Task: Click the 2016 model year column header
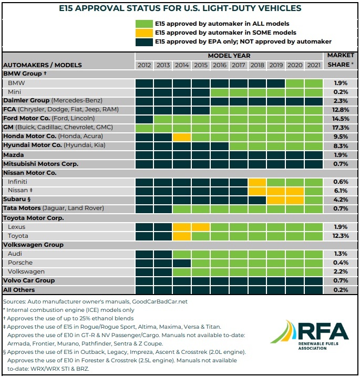[x=220, y=65]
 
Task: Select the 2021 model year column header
[x=314, y=65]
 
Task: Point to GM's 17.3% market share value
[x=341, y=128]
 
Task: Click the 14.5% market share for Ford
[x=341, y=119]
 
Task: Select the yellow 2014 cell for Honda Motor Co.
[x=182, y=137]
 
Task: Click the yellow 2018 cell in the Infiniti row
[x=257, y=182]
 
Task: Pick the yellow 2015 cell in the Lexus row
[x=201, y=227]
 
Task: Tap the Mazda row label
[x=14, y=155]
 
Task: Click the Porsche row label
[x=20, y=263]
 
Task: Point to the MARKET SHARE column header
[x=341, y=59]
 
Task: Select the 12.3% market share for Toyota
[x=341, y=236]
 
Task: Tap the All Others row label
[x=19, y=290]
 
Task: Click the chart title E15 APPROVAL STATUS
[x=180, y=8]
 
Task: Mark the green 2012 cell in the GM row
[x=144, y=128]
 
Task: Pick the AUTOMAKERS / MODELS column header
[x=43, y=65]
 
